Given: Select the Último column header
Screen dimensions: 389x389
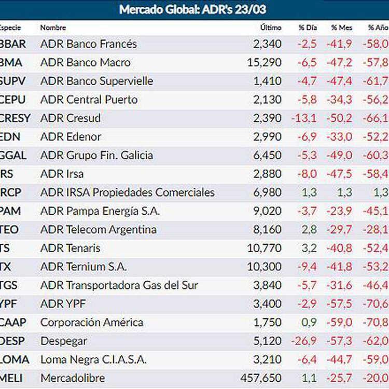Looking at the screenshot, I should tap(271, 27).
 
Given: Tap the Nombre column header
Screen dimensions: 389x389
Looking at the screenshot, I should tap(53, 27).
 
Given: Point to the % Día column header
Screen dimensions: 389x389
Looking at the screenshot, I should tap(308, 27).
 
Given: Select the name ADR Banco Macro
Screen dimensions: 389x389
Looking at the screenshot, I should tap(85, 63).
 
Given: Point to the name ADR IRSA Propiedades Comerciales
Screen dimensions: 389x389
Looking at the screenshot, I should tap(127, 192).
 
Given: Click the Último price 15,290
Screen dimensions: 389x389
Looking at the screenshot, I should tap(265, 63).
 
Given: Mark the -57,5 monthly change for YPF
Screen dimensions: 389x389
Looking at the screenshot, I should tap(339, 304).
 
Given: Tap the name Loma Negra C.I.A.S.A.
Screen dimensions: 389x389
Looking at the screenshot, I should tap(93, 359).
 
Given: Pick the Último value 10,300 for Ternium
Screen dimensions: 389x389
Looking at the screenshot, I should tap(265, 267).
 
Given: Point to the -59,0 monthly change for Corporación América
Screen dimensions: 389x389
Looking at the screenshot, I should tap(339, 322).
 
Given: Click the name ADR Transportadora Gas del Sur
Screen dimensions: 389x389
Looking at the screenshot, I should tap(119, 285).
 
